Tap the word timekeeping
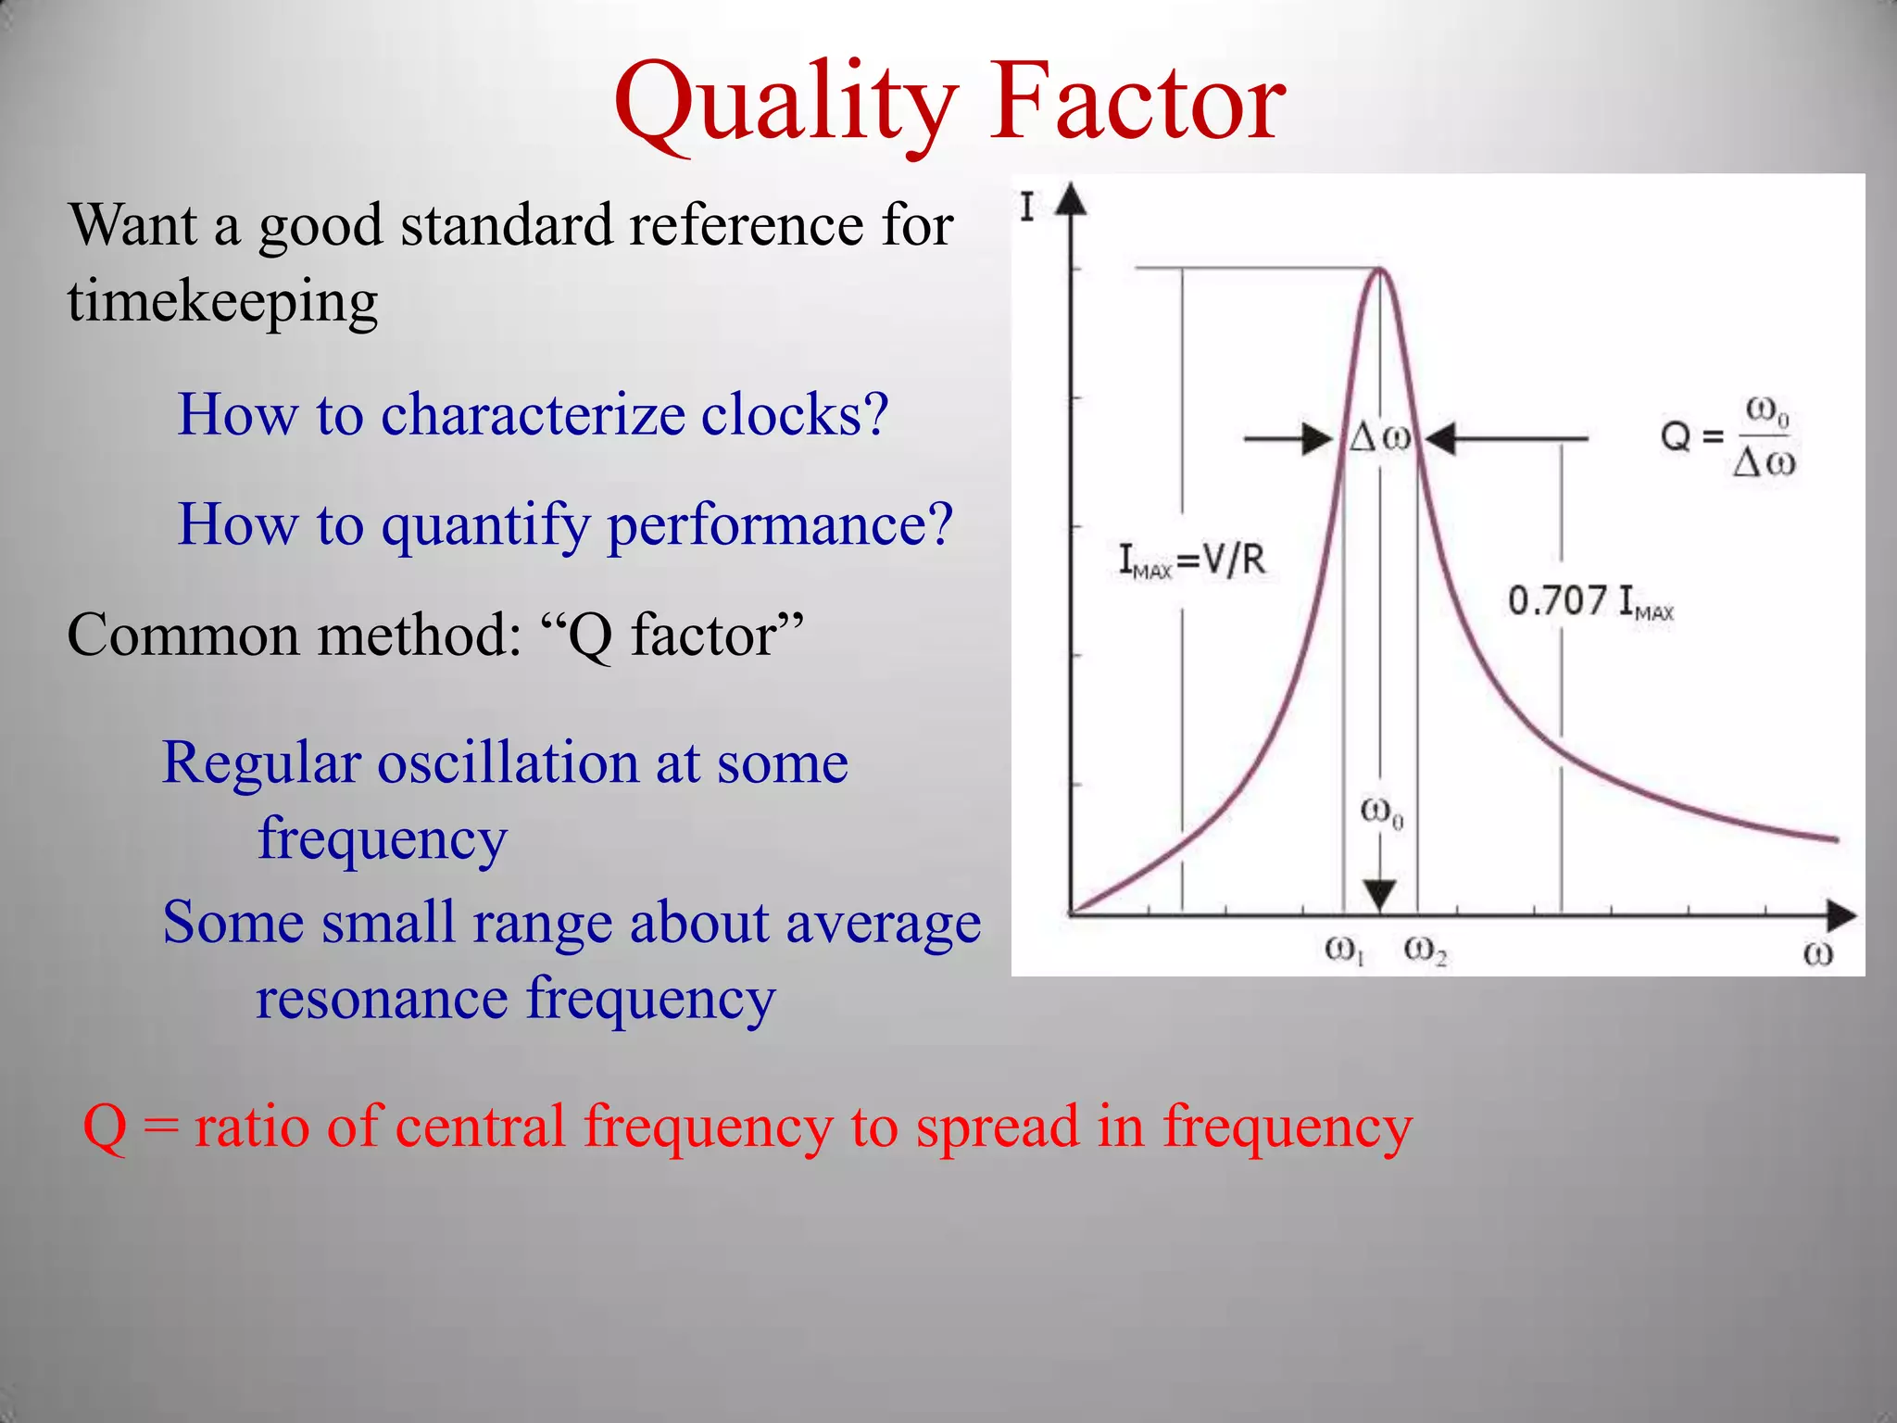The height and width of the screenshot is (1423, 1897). point(222,302)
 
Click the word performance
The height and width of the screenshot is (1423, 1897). point(780,525)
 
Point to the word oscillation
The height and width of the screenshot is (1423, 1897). point(508,763)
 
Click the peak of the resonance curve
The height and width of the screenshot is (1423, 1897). point(1380,270)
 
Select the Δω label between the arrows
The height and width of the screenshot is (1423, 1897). point(1380,437)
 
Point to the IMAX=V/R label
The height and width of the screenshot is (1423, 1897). point(1192,560)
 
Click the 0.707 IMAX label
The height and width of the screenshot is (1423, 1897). point(1590,601)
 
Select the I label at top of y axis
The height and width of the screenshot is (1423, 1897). point(1026,207)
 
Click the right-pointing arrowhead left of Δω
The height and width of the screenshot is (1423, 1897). point(1317,438)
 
